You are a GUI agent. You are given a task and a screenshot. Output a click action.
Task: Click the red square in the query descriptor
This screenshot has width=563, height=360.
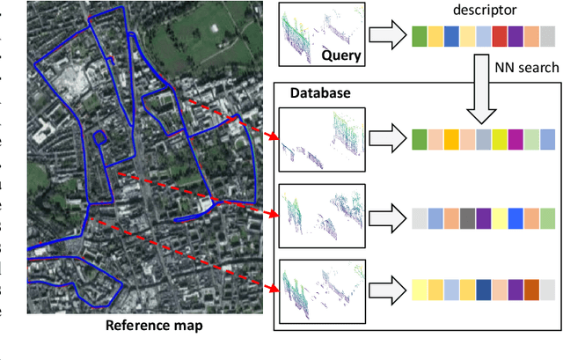tap(499, 36)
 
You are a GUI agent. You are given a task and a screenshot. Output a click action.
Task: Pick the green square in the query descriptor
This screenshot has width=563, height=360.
tap(419, 36)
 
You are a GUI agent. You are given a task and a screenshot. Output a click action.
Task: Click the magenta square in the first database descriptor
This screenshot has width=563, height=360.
tap(515, 139)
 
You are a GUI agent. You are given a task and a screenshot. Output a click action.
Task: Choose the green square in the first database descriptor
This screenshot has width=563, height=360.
tap(419, 139)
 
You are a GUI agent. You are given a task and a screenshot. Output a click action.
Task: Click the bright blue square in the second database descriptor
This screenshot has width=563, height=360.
tap(515, 217)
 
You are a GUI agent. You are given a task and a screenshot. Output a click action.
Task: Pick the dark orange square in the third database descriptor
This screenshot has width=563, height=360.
tap(531, 290)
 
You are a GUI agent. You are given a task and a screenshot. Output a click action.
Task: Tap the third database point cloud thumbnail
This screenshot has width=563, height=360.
tap(320, 290)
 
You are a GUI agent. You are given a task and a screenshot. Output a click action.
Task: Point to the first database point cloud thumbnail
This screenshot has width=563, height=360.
tap(320, 139)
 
